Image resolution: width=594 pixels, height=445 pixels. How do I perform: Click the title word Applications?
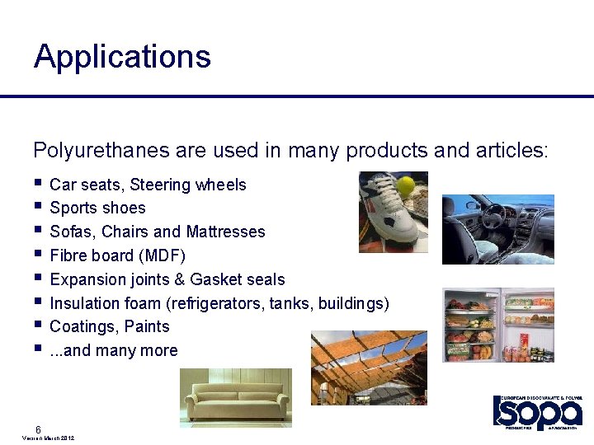[x=122, y=57]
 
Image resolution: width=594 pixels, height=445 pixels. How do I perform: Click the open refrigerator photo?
[x=497, y=325]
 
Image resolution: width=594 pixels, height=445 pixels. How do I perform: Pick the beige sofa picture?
[x=235, y=398]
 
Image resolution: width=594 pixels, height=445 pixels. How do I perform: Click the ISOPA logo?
[x=537, y=412]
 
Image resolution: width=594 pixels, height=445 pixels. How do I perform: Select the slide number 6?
[x=39, y=429]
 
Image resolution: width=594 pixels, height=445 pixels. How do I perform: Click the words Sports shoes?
[x=97, y=208]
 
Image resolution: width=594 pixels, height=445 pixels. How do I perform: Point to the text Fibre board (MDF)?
[x=118, y=255]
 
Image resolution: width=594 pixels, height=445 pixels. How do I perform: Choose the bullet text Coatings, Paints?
[x=110, y=326]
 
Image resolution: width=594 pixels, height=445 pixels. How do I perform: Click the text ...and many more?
[x=114, y=350]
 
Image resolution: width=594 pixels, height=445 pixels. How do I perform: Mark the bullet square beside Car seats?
[x=38, y=183]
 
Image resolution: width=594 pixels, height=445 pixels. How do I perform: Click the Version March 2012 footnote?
[x=48, y=438]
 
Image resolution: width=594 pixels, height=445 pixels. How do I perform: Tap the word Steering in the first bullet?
[x=161, y=185]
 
